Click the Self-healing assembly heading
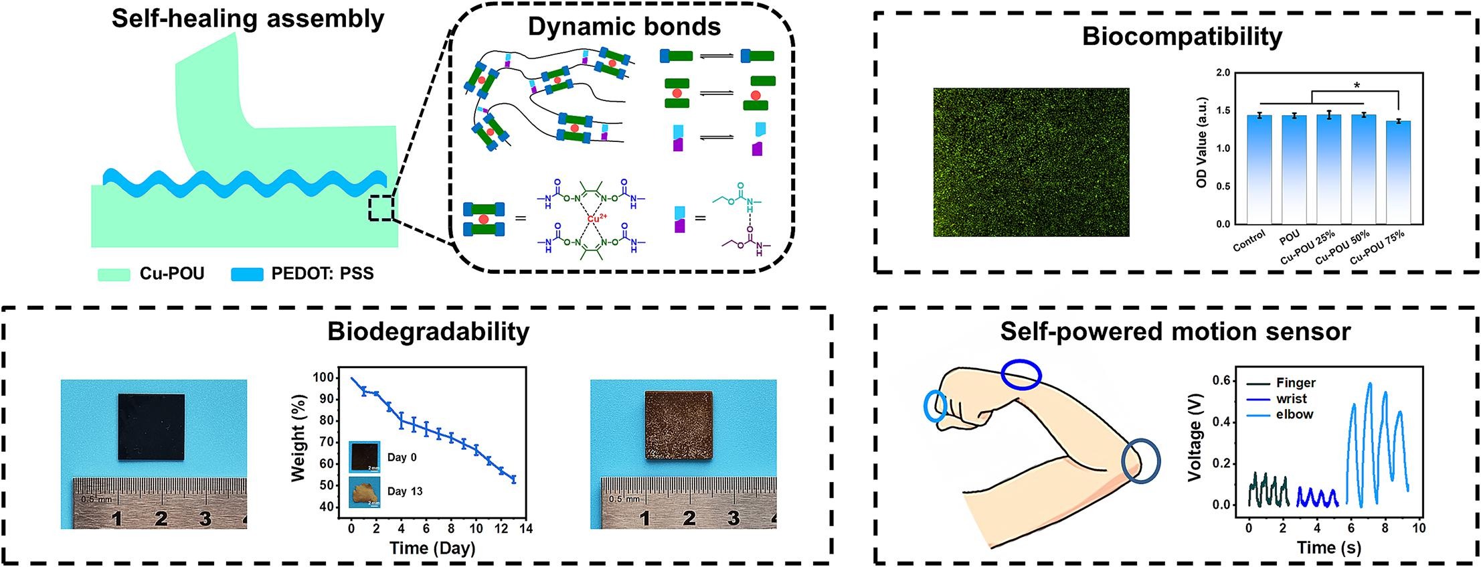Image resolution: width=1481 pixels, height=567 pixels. pyautogui.click(x=248, y=19)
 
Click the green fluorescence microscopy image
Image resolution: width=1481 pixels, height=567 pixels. pyautogui.click(x=1031, y=162)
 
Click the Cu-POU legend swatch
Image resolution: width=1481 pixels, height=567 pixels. pyautogui.click(x=114, y=274)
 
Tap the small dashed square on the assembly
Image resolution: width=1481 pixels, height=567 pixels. pyautogui.click(x=381, y=208)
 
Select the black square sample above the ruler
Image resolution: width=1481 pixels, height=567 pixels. pyautogui.click(x=151, y=427)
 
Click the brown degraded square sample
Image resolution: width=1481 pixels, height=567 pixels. pyautogui.click(x=679, y=425)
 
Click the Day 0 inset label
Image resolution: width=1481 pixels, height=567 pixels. pyautogui.click(x=402, y=457)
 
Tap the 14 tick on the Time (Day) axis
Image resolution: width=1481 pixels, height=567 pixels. pyautogui.click(x=525, y=529)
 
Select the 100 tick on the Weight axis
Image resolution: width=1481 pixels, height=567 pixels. pyautogui.click(x=323, y=378)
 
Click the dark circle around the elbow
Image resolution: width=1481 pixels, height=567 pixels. pyautogui.click(x=1140, y=461)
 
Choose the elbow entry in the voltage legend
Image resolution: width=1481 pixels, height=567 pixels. pyautogui.click(x=1294, y=414)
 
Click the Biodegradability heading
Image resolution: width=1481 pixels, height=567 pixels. pyautogui.click(x=428, y=332)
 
